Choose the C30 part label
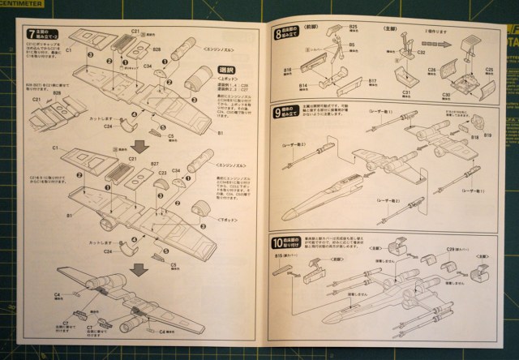(446, 95)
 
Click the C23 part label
(162, 174)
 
